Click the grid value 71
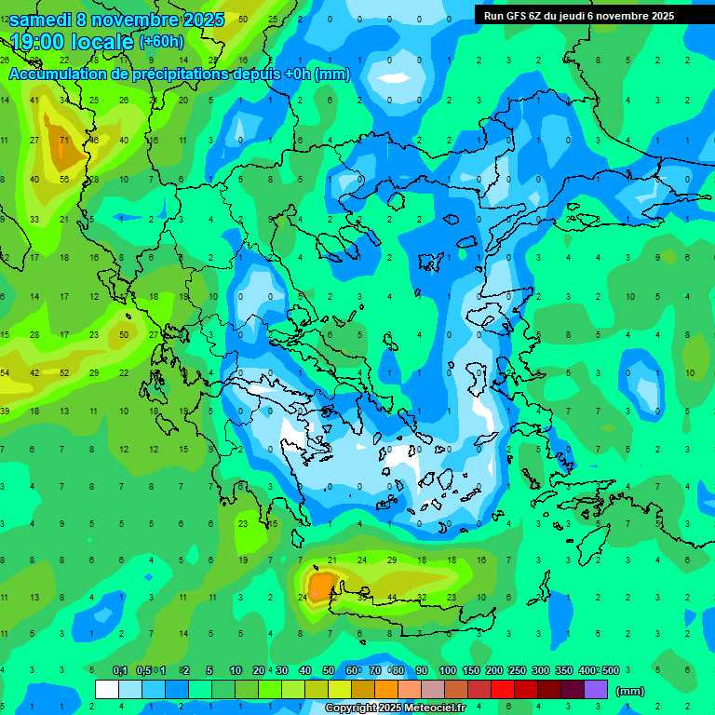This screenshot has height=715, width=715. click(64, 141)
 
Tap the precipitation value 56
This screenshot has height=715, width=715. click(64, 180)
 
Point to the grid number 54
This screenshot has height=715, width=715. click(5, 373)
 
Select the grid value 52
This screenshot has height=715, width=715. click(64, 373)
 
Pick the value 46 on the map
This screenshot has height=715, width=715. click(94, 141)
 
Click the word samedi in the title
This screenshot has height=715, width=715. click(43, 20)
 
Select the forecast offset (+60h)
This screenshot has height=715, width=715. click(161, 42)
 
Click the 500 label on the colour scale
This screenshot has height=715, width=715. click(610, 671)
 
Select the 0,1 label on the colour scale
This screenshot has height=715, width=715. click(120, 671)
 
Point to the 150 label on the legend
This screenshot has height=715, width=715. click(470, 671)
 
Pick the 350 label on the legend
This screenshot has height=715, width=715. click(563, 671)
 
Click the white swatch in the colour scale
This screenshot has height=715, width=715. click(107, 690)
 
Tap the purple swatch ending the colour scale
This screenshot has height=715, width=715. click(596, 690)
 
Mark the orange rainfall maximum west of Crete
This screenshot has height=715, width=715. click(322, 587)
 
